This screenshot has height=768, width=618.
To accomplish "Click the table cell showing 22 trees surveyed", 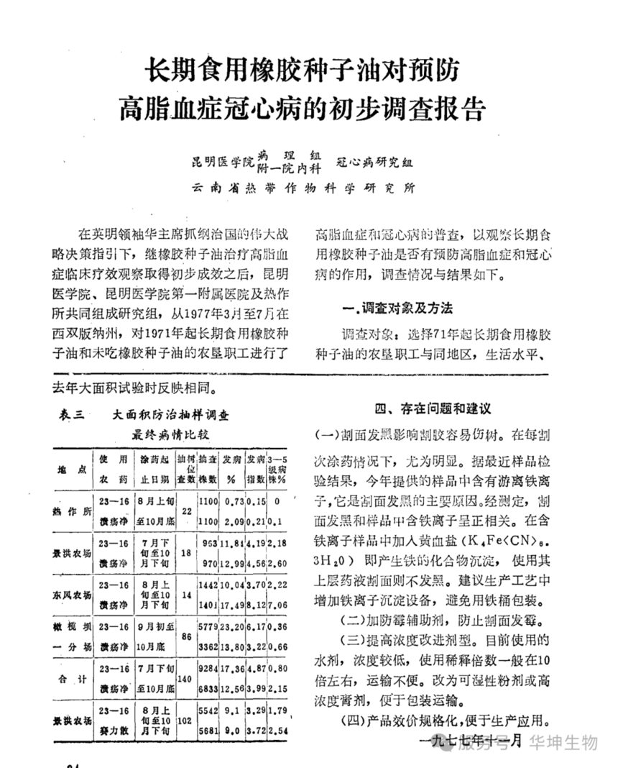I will point(185,508).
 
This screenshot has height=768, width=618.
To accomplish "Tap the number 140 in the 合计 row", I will point(185,678).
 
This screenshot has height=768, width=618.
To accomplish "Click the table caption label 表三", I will point(72,414).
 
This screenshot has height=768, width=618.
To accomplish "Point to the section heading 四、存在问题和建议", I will point(433,408).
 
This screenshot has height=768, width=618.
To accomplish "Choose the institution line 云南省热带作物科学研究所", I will point(303,189).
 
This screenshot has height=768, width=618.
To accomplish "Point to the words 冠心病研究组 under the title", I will point(374,162).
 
